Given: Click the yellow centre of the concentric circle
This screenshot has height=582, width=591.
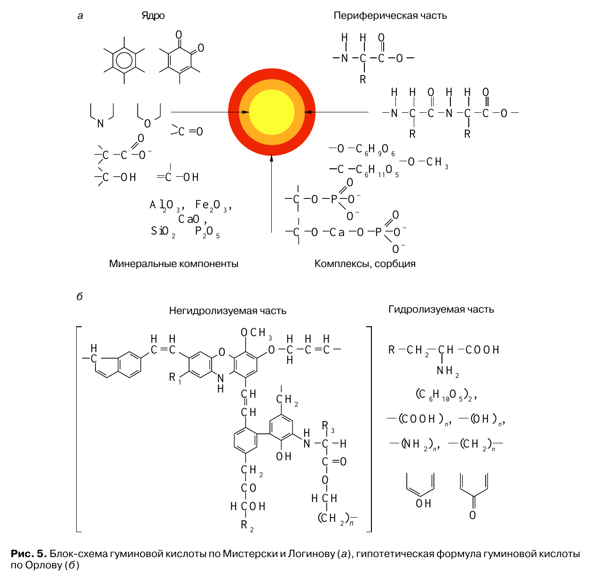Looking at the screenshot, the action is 272,112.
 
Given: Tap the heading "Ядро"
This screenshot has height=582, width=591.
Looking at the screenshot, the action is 153,16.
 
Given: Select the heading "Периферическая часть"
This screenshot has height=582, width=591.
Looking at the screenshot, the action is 390,16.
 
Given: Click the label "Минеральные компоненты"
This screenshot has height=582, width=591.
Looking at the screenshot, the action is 173,264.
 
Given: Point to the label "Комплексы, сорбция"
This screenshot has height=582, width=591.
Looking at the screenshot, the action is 365,264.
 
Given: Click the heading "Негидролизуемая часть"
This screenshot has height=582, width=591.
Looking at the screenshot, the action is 228,311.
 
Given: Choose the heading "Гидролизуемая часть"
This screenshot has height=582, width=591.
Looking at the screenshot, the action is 441,309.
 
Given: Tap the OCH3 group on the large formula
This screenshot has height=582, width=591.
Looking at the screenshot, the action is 256,333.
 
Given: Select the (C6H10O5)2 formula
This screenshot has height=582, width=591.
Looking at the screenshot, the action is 446,395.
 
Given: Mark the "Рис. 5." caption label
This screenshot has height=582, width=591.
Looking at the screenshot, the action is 29,553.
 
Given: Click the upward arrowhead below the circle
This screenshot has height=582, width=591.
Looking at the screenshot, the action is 271,158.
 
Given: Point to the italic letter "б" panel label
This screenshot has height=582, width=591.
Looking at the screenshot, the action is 80,296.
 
